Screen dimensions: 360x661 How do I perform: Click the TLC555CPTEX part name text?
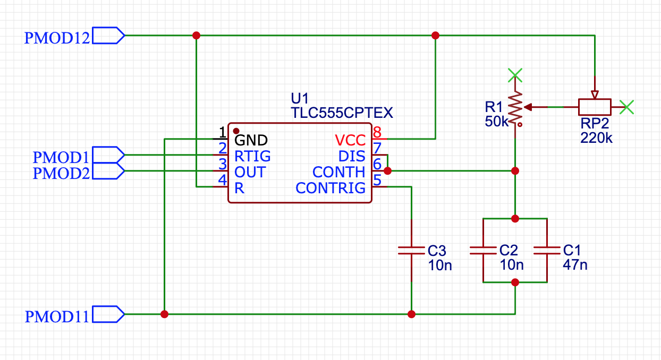[342, 113]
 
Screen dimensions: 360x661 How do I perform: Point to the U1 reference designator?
[300, 98]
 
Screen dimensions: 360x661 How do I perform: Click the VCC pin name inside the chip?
[350, 141]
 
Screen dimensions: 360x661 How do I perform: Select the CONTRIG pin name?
[330, 188]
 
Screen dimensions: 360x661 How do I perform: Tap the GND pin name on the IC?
[251, 140]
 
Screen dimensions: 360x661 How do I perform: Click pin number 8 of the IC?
[377, 132]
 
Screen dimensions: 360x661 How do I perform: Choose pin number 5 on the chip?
[377, 179]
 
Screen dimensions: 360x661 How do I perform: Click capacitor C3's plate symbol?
[411, 250]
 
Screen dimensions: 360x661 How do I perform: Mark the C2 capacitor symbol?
[482, 250]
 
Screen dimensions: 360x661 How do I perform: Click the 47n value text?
[575, 264]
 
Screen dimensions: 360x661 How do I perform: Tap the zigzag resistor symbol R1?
[514, 108]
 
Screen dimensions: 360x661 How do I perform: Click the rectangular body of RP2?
[595, 107]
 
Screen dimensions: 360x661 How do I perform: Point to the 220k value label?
[597, 139]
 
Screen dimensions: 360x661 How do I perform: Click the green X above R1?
[514, 75]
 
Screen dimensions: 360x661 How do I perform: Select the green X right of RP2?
[628, 107]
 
